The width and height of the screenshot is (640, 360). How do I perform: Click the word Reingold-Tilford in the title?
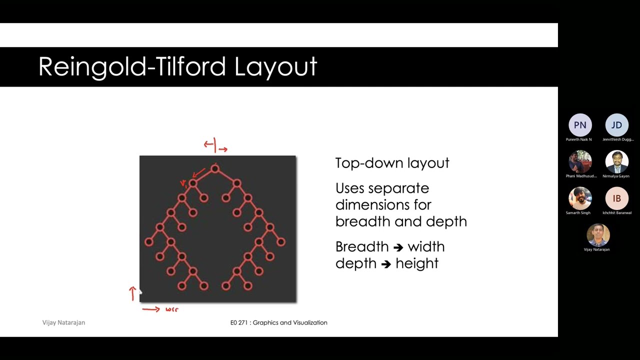click(131, 67)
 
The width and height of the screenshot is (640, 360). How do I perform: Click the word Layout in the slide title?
click(275, 67)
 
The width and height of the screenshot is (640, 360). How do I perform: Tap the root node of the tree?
click(215, 169)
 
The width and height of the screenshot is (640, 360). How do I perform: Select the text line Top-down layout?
click(392, 163)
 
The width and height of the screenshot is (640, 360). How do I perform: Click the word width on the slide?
click(426, 246)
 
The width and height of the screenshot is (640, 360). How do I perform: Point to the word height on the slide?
click(417, 263)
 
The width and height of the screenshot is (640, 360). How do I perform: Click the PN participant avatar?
click(580, 125)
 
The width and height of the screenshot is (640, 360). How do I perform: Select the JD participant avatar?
click(616, 125)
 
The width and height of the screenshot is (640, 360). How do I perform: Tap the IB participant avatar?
click(616, 198)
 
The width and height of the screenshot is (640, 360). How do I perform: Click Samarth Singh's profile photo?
click(580, 198)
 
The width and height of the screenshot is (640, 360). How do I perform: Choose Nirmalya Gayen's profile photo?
click(616, 162)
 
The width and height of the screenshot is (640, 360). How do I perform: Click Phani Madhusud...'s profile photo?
click(580, 162)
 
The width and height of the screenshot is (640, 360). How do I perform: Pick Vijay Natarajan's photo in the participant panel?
click(598, 235)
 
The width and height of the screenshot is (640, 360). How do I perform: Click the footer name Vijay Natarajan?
click(63, 322)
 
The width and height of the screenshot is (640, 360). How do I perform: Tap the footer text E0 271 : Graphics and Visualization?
click(278, 322)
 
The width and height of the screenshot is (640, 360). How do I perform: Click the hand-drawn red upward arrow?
click(132, 293)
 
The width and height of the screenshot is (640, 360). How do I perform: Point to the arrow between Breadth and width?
click(398, 247)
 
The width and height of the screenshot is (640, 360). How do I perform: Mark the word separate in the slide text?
click(398, 188)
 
